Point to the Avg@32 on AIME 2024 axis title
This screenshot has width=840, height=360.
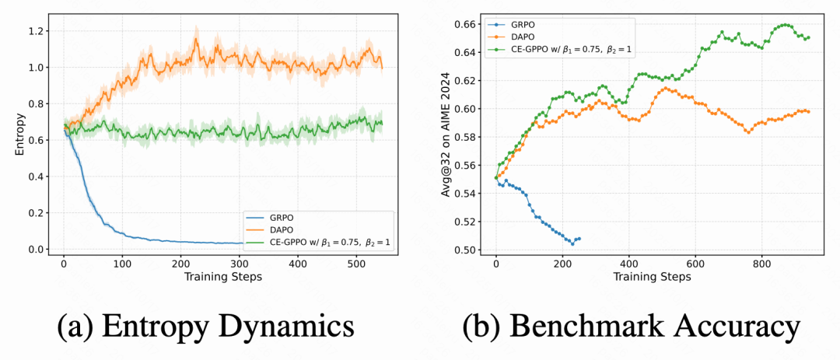(446, 135)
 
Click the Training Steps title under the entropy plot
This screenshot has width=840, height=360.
(222, 276)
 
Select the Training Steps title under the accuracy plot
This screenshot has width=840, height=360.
(652, 276)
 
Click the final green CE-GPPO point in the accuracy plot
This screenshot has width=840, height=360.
(807, 37)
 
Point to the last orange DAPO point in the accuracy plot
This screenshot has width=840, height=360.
(807, 112)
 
